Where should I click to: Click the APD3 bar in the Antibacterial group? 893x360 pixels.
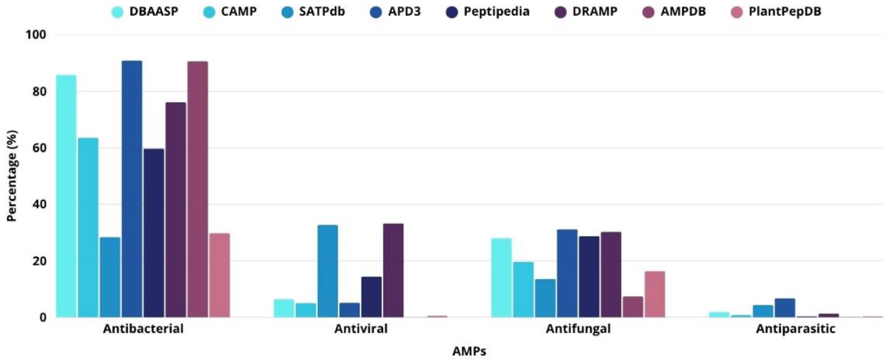click(x=132, y=189)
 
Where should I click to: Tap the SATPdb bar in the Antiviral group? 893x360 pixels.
click(x=328, y=271)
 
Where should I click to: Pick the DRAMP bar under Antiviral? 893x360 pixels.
click(x=393, y=270)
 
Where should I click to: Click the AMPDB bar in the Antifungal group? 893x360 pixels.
click(x=633, y=307)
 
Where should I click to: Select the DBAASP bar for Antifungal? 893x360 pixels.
click(x=501, y=278)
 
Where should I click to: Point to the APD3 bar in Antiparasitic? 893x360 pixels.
click(x=785, y=308)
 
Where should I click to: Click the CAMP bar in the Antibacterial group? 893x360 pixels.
click(x=88, y=227)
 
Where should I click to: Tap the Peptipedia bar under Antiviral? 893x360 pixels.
click(x=371, y=297)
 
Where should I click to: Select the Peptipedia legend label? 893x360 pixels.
click(x=496, y=11)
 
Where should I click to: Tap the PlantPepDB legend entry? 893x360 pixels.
click(x=784, y=11)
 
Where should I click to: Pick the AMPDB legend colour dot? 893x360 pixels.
click(x=648, y=12)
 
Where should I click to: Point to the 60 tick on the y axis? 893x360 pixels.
click(x=40, y=148)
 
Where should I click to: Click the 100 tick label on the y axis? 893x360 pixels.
click(x=36, y=35)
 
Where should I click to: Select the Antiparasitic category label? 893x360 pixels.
click(x=795, y=328)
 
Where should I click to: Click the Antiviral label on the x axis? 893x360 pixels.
click(x=361, y=328)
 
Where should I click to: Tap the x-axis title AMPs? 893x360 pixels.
click(x=469, y=351)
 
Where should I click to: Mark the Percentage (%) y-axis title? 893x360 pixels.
click(x=12, y=175)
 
